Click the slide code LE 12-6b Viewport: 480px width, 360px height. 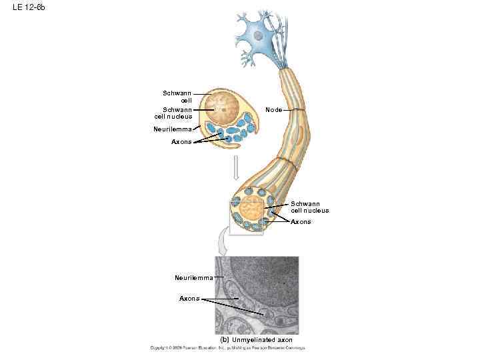[29, 7]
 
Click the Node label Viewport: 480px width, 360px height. [273, 109]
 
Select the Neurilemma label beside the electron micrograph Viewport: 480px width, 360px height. [193, 277]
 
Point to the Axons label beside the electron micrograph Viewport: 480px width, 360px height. [189, 299]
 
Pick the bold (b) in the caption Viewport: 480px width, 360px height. [225, 340]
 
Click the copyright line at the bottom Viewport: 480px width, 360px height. [227, 348]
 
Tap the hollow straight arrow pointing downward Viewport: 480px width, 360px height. [235, 168]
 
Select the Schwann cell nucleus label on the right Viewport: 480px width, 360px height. [309, 207]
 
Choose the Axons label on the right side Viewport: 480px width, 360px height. [300, 222]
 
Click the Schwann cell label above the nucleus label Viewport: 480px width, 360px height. [177, 96]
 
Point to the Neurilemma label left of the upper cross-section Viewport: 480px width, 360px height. [172, 129]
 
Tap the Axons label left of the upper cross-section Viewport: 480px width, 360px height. [181, 142]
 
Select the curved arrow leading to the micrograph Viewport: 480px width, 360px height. [223, 245]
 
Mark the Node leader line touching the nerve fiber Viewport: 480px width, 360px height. [297, 109]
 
